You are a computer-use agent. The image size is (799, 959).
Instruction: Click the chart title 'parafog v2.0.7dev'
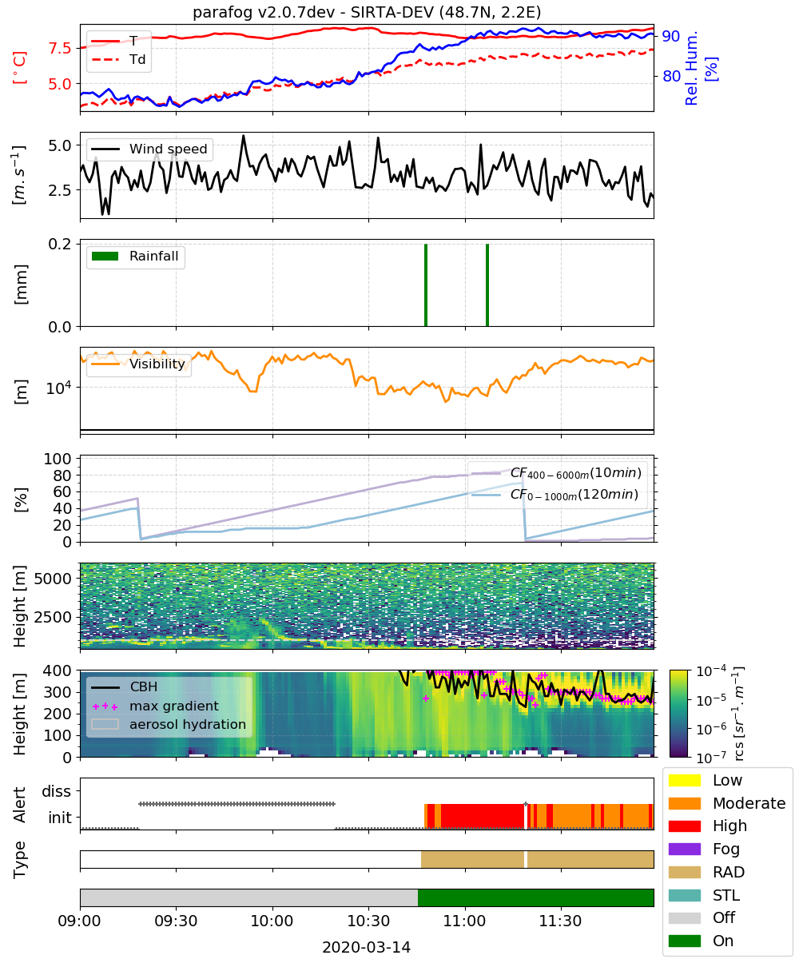264,12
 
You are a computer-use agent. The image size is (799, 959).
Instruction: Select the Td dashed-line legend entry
118,59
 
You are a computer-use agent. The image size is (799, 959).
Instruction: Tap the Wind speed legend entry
149,149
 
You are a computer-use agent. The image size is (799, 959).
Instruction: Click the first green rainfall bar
426,285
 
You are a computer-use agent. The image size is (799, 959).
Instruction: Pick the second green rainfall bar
487,285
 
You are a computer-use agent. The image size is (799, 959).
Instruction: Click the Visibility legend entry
137,364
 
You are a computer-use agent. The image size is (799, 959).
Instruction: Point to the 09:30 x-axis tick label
176,921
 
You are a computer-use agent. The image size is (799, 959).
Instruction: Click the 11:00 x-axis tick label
464,921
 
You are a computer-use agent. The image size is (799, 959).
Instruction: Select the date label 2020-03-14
367,947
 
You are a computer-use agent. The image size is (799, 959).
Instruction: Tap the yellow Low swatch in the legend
684,780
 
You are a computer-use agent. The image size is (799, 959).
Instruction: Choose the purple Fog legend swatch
684,849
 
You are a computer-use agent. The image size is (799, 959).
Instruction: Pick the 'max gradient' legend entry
155,706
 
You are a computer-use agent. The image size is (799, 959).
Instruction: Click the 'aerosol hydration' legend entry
169,724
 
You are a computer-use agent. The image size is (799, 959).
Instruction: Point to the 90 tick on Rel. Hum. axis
671,36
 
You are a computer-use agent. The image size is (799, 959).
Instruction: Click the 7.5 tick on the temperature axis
60,48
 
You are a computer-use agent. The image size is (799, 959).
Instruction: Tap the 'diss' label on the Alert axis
57,791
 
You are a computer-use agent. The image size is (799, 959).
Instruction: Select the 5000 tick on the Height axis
53,579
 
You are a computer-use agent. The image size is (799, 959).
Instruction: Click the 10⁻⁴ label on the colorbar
711,671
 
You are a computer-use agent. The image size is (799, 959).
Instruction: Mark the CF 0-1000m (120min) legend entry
555,495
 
